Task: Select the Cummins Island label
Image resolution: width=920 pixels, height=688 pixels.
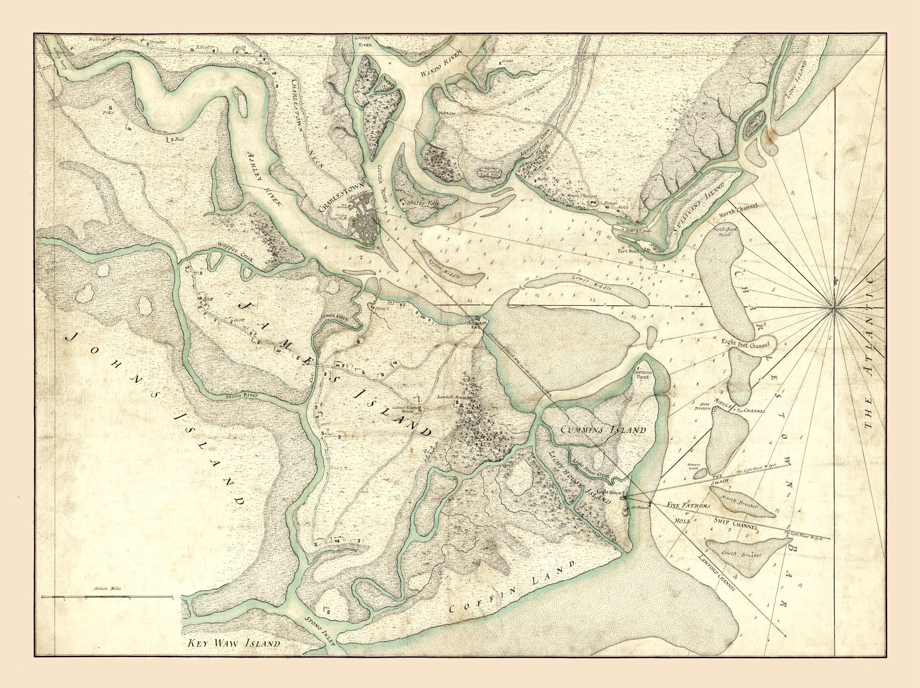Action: (604, 430)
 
